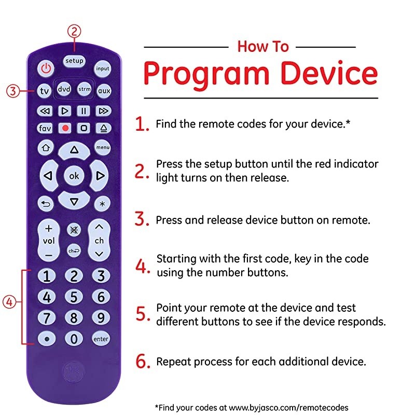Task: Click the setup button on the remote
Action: (x=74, y=61)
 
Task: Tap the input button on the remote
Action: (x=103, y=68)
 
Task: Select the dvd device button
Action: (x=64, y=89)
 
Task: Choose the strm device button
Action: (x=84, y=89)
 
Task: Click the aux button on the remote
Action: (x=104, y=91)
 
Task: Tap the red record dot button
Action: (x=65, y=128)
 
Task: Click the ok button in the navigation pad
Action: (x=74, y=176)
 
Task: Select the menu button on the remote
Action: (x=103, y=148)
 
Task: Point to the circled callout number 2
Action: (x=75, y=32)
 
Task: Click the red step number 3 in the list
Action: (x=142, y=219)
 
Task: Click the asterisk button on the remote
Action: (x=102, y=204)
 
